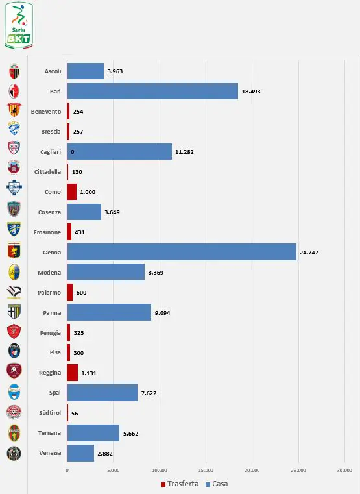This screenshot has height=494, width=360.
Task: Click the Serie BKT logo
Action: point(19,25)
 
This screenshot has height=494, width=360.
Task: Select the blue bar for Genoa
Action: point(182,252)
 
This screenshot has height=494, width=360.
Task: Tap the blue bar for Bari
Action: point(152,92)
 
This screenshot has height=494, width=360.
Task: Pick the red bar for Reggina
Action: point(73,373)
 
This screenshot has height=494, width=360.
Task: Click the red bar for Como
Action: point(72,192)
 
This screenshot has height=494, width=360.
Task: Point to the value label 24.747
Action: point(309,253)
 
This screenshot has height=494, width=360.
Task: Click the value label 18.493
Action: point(251,92)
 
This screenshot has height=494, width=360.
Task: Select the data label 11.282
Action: point(184,152)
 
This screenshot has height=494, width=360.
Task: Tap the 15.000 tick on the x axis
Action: point(206,471)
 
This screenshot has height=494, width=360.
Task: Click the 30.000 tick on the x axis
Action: point(344,471)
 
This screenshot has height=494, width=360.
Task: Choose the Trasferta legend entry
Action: point(180,484)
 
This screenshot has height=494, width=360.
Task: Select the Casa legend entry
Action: point(217,484)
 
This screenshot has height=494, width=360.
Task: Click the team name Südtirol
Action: point(50,413)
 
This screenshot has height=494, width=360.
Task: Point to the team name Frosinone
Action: point(47,232)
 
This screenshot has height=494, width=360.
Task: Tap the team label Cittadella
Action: point(47,172)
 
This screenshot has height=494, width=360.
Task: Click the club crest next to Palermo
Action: point(14,292)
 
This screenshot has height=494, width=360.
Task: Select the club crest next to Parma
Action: point(14,312)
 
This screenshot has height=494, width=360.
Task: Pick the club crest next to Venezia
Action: point(14,453)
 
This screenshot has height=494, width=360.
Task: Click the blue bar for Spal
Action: point(102,393)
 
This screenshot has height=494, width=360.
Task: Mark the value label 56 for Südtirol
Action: point(75,414)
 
